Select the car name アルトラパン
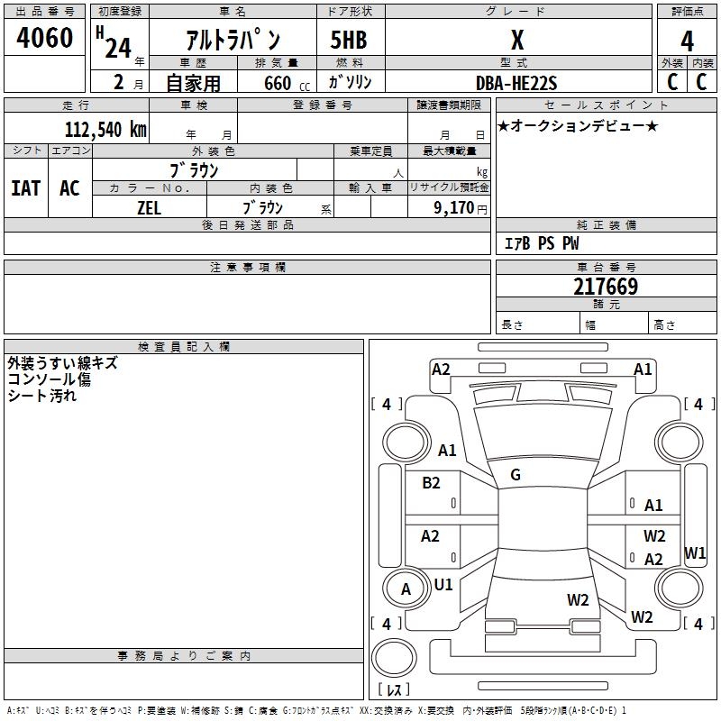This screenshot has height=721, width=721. (x=232, y=41)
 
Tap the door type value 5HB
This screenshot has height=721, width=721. (x=349, y=41)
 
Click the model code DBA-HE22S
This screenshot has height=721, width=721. (x=516, y=83)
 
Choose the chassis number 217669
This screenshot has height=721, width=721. (x=606, y=287)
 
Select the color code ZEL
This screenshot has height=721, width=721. (x=149, y=207)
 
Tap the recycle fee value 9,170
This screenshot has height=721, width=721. (x=450, y=208)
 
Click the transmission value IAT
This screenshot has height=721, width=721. (x=25, y=188)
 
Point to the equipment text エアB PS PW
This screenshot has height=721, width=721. (x=541, y=243)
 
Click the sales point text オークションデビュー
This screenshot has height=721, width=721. (x=578, y=125)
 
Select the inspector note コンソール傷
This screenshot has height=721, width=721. (x=49, y=379)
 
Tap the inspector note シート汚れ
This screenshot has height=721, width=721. (x=42, y=396)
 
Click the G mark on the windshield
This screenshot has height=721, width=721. (x=516, y=475)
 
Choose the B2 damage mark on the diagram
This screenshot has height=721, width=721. (x=431, y=483)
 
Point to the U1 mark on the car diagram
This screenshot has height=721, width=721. (x=443, y=584)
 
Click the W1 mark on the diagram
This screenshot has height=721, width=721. (x=695, y=552)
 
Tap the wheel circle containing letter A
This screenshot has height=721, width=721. (x=406, y=589)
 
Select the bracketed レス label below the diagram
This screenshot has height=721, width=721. (x=393, y=689)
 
